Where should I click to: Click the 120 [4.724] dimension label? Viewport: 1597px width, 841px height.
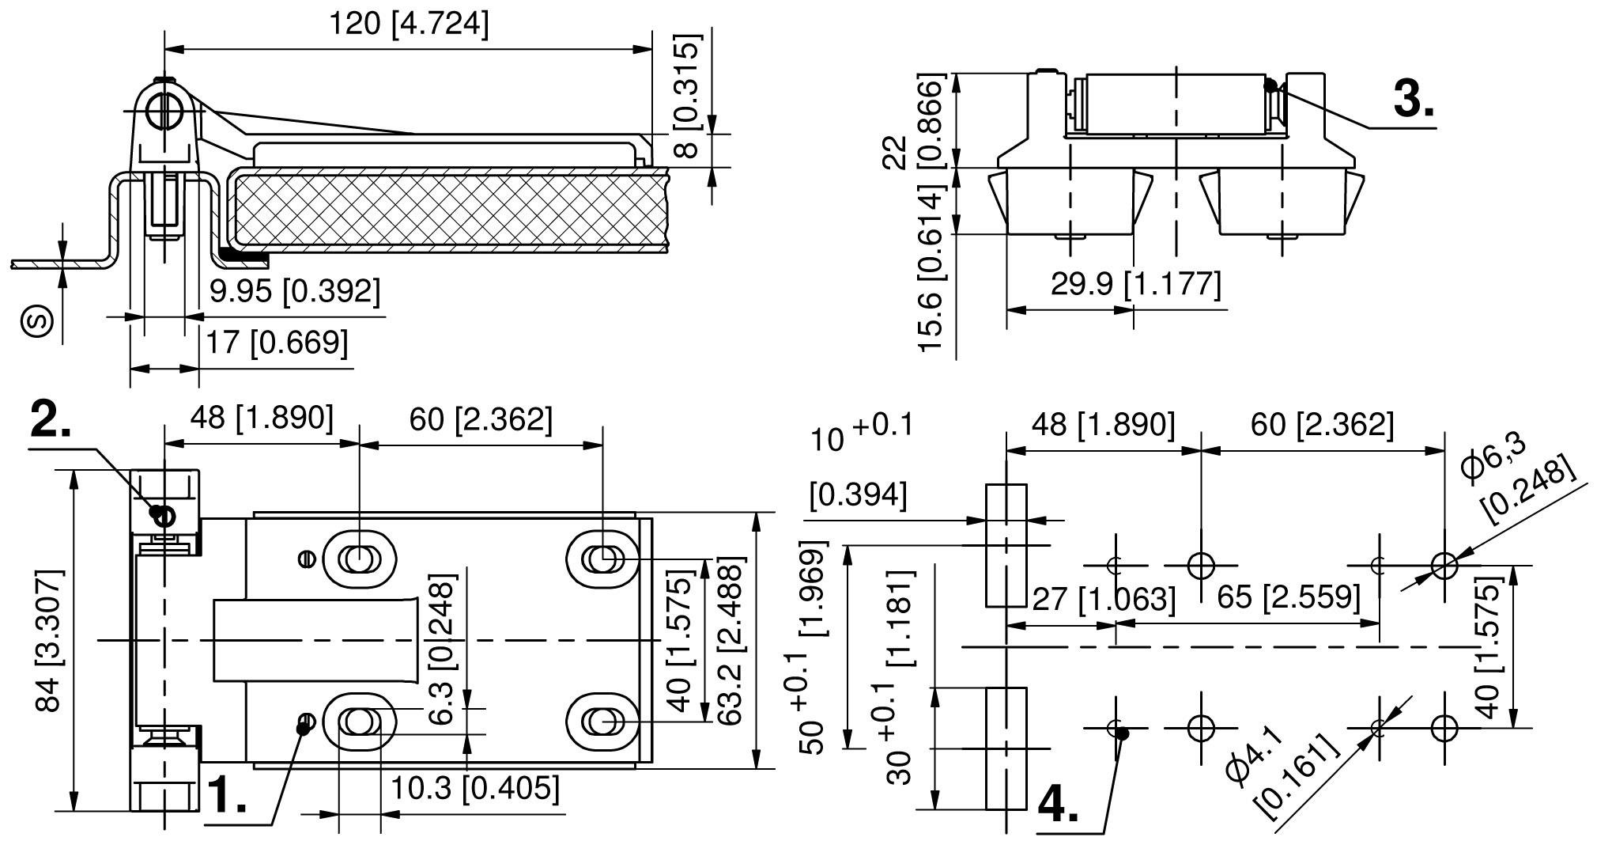coord(409,25)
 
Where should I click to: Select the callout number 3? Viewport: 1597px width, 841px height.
coord(1414,100)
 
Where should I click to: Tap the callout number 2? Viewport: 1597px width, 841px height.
coord(51,419)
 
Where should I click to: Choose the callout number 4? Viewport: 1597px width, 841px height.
coord(1058,805)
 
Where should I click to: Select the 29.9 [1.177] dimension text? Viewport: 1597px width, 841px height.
coord(1135,284)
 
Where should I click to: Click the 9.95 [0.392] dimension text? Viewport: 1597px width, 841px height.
coord(295,291)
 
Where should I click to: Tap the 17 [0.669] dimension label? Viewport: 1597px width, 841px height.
coord(277,343)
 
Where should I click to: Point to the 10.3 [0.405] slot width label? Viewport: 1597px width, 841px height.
coord(475,788)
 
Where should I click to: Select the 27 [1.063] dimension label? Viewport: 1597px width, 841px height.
coord(1101,598)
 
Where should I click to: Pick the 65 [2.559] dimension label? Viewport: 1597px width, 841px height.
coord(1288,597)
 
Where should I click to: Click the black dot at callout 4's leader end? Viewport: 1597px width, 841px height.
coord(1123,733)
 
